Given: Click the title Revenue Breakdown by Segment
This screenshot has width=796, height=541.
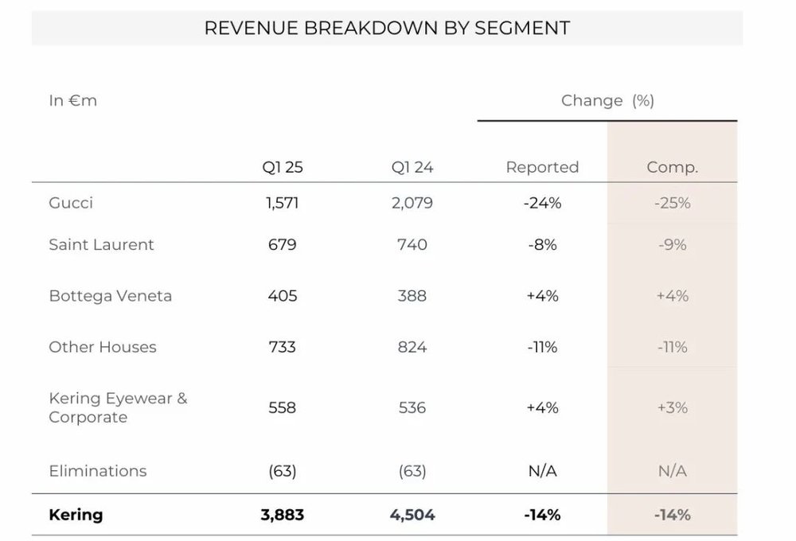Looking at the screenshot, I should tap(387, 28).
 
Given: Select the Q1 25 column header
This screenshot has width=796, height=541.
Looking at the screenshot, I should tap(283, 168).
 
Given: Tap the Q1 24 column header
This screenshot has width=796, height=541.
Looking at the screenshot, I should tap(412, 168).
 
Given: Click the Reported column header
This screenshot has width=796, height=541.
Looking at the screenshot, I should tap(542, 168).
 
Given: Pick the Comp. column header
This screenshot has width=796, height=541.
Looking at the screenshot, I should tap(672, 168).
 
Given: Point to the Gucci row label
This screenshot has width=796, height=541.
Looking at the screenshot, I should tap(71, 203).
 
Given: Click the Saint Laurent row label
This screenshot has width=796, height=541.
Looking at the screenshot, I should tap(101, 244).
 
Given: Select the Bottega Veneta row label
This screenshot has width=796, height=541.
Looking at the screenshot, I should tap(110, 296).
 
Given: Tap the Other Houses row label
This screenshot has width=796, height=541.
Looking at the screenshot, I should tap(103, 347).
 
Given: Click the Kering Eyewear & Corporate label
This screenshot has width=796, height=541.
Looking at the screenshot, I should tap(118, 407).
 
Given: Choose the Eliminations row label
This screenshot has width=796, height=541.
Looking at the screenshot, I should tap(98, 471).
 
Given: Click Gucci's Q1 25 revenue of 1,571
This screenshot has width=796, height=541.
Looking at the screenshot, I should tap(283, 203).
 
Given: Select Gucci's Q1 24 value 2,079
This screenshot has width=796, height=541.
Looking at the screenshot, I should tap(412, 203).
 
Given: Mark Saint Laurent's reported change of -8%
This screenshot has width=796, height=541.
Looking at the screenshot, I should tap(542, 244).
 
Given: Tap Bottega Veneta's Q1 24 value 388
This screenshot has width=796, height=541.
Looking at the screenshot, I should tap(412, 296).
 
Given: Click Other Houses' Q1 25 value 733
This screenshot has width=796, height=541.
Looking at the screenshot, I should tap(283, 347).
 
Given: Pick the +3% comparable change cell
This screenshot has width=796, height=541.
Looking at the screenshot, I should tap(673, 407).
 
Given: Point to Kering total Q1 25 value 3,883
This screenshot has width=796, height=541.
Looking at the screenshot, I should tap(283, 515).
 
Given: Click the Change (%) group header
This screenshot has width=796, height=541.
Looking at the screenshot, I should tap(607, 101).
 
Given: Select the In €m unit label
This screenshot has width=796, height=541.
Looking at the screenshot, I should tap(72, 101).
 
